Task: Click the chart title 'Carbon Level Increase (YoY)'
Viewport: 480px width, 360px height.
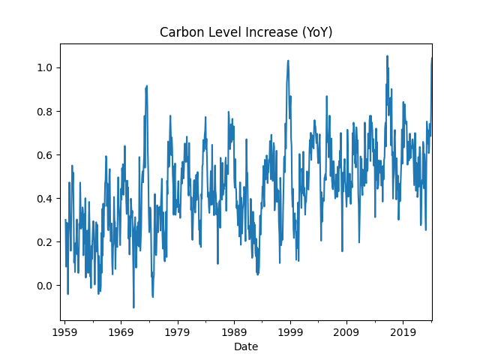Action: (246, 32)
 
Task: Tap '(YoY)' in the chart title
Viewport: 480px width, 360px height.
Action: (315, 32)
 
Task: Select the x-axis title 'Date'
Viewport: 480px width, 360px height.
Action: (246, 346)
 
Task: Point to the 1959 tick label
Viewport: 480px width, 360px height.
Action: (64, 331)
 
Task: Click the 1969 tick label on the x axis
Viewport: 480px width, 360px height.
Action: (121, 331)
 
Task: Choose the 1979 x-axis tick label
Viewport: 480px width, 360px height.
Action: (177, 331)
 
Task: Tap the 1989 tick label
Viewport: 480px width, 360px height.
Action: (234, 331)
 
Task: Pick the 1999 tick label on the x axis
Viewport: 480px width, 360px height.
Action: (290, 331)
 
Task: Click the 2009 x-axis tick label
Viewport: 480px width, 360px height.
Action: (346, 331)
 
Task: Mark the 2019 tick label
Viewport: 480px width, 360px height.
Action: (403, 331)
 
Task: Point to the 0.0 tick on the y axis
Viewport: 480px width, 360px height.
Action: (46, 286)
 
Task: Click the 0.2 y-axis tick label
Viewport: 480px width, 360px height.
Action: (46, 242)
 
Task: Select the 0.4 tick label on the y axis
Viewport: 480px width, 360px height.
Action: (46, 199)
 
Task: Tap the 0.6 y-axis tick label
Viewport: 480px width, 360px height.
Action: (46, 155)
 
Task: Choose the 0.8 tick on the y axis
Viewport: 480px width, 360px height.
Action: (46, 112)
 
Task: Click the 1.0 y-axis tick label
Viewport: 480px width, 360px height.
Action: (46, 68)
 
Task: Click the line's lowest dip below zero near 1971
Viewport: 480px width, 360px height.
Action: (133, 307)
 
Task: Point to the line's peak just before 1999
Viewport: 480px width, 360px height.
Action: (288, 61)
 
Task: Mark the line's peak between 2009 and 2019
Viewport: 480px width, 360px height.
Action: (387, 55)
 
